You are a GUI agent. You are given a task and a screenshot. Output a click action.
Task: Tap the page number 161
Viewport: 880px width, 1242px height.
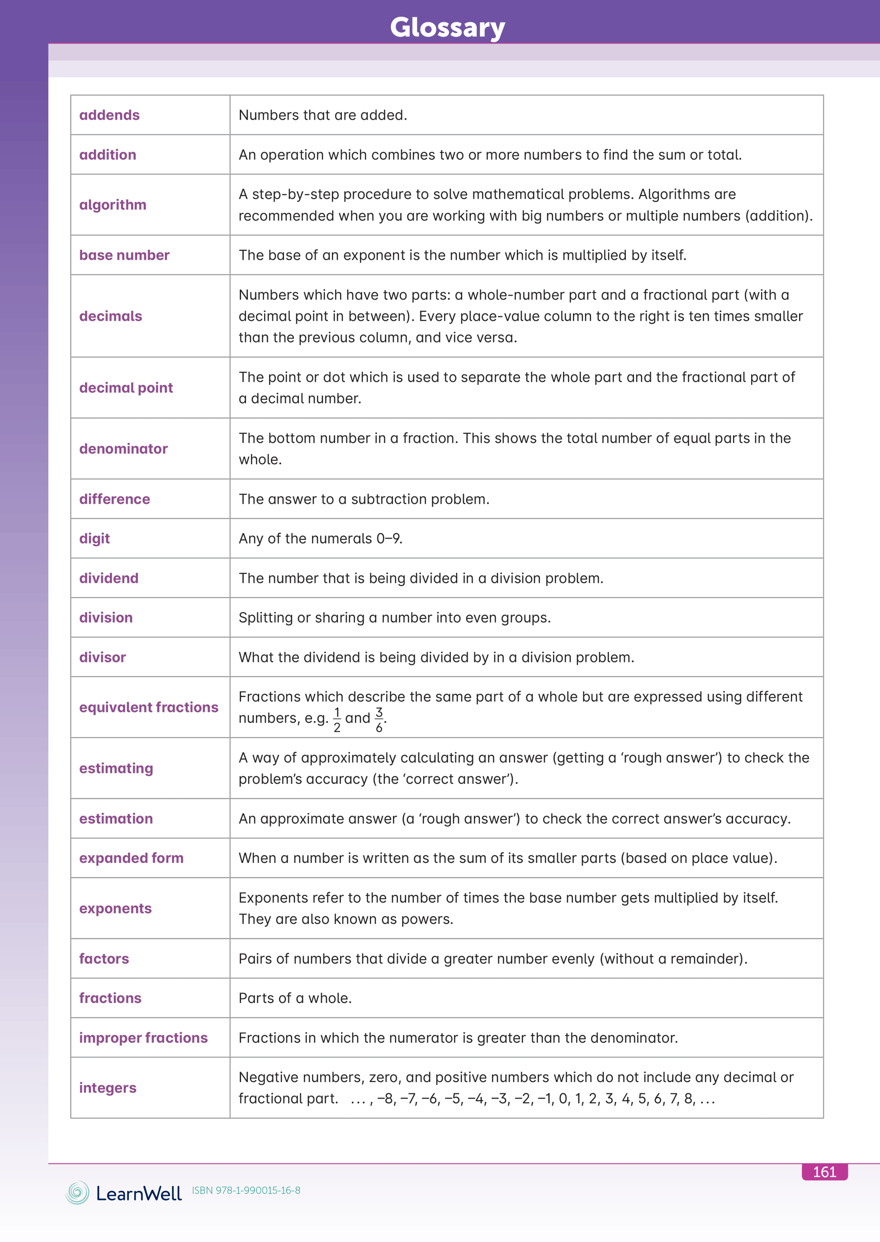[x=824, y=1172]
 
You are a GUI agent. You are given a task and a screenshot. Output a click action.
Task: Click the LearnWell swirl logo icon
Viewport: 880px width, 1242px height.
[x=77, y=1193]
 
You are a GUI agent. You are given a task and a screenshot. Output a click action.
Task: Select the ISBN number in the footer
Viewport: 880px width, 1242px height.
[x=246, y=1190]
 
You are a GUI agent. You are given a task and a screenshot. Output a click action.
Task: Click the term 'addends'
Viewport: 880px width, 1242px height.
[x=109, y=115]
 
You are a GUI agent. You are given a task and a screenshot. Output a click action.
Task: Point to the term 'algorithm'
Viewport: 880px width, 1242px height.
[x=113, y=205]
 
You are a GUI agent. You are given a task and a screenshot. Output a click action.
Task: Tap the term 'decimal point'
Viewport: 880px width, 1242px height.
[x=126, y=388]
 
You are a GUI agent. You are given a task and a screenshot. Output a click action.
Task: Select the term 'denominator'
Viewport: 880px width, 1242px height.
[x=123, y=449]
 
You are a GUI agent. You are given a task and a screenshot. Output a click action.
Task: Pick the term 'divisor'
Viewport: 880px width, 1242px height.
[x=102, y=657]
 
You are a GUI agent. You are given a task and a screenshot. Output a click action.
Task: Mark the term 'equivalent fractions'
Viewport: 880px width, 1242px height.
[x=148, y=708]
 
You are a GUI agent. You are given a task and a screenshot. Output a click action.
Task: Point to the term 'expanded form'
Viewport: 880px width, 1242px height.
[x=131, y=858]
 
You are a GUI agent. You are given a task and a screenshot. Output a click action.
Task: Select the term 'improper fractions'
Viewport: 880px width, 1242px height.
[x=143, y=1038]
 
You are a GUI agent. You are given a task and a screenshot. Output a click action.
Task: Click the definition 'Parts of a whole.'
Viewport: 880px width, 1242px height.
[x=295, y=998]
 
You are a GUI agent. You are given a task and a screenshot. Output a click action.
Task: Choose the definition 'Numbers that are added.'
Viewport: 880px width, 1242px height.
[x=323, y=115]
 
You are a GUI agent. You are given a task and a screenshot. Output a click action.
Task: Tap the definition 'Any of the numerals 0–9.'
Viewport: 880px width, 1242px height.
[x=320, y=539]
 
